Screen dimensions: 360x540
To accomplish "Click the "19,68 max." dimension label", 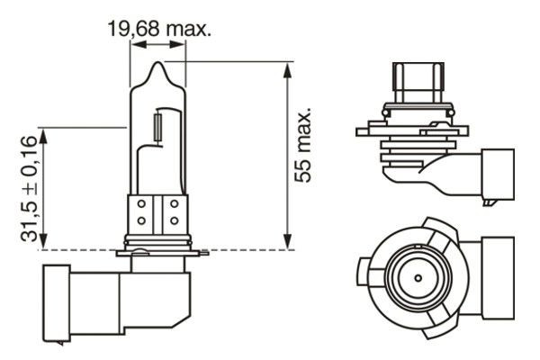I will click(159, 30).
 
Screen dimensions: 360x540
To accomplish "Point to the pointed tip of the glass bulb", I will click(159, 65).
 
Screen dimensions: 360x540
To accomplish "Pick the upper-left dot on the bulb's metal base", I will click(142, 205).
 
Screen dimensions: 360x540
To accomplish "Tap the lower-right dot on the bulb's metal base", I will click(173, 221).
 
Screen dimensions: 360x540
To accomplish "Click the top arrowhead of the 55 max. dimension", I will click(287, 67).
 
